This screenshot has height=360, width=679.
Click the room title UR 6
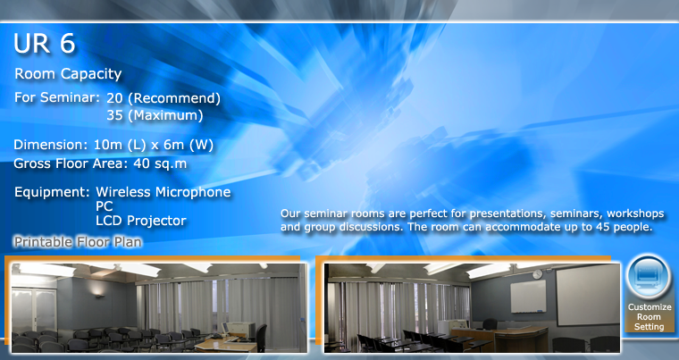point(45,43)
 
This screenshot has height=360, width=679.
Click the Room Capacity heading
point(68,73)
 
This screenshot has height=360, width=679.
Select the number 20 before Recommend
point(114,98)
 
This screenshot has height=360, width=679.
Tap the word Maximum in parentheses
point(165,115)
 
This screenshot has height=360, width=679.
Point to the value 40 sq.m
point(160,163)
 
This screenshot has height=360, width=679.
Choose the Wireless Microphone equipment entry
point(163,192)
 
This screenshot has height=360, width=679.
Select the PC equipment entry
point(104,206)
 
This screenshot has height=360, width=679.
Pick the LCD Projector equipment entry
point(141,221)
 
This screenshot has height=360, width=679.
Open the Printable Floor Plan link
point(78,242)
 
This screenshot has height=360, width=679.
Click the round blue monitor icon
point(649,276)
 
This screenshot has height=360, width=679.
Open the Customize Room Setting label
point(650,317)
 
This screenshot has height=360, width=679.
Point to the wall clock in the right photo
point(537,273)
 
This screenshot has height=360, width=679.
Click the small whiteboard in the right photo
point(528,297)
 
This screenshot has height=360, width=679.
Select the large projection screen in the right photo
point(588,295)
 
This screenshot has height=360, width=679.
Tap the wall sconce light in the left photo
point(99,296)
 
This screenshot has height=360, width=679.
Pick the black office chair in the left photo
point(260,338)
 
